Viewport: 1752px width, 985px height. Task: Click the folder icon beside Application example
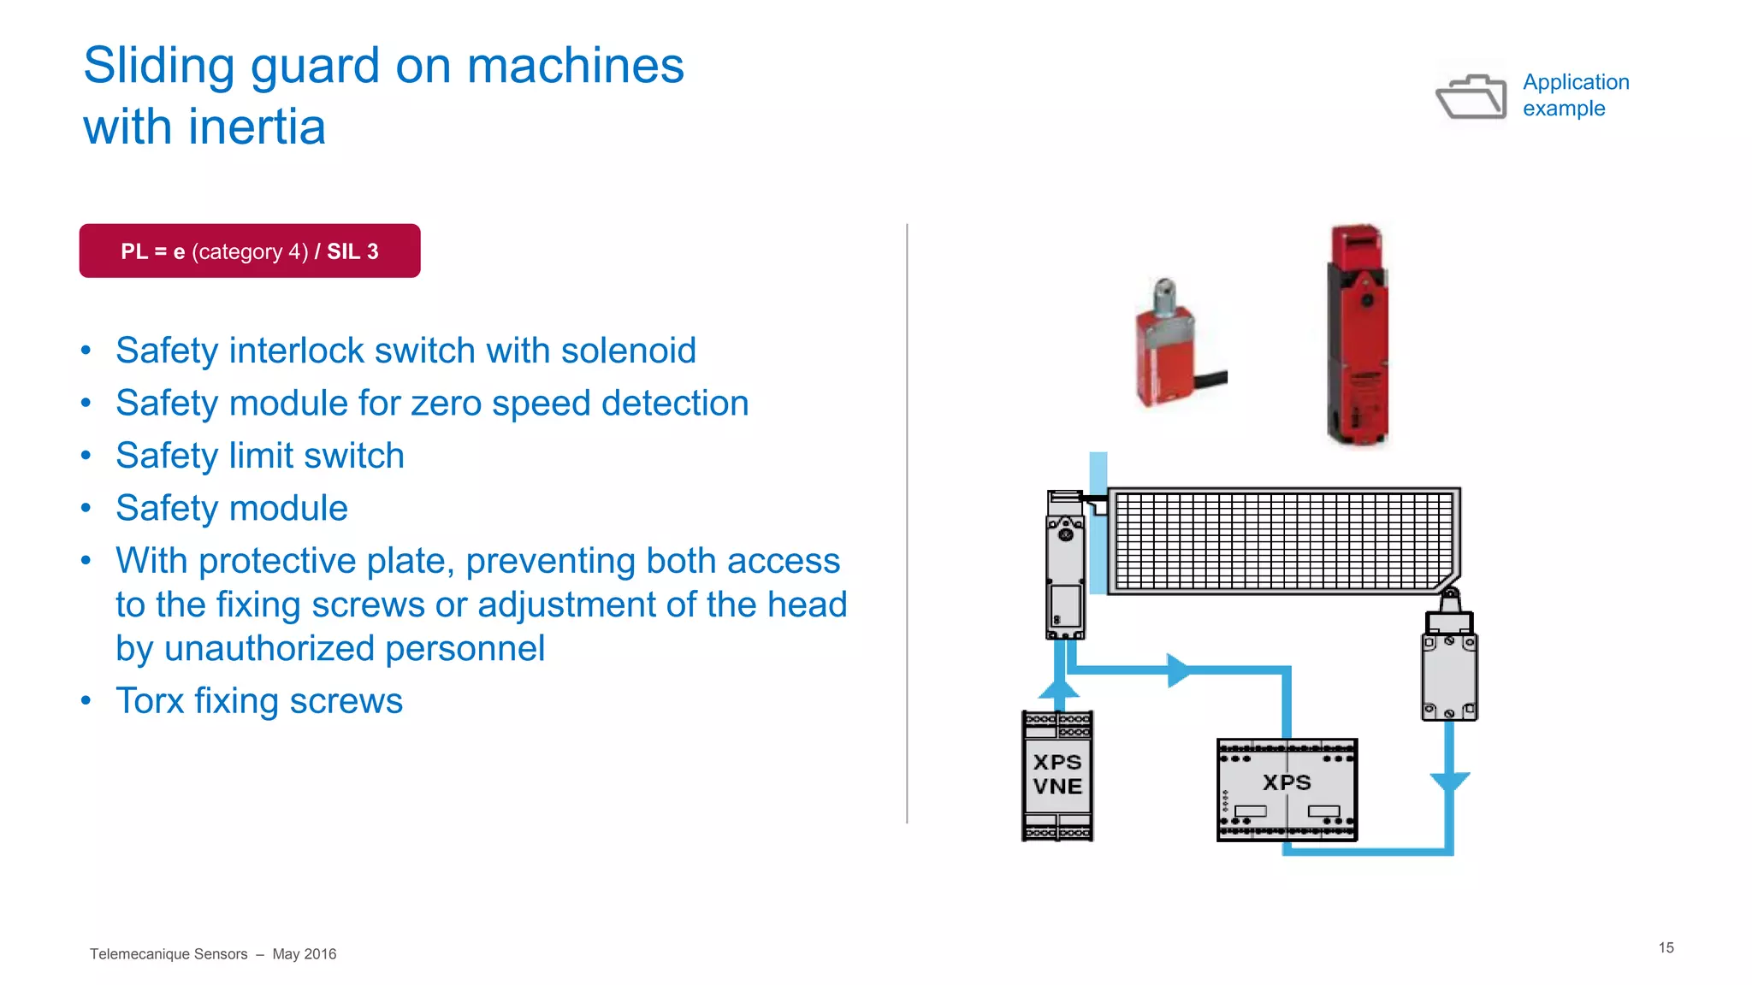(1471, 97)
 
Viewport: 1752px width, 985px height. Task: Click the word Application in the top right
(1576, 82)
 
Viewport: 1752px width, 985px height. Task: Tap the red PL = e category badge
(250, 251)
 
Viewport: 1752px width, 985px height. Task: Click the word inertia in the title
(257, 127)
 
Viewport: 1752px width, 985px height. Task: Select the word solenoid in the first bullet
(628, 351)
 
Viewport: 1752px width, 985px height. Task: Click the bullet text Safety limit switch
(259, 456)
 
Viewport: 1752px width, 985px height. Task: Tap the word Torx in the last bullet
(150, 701)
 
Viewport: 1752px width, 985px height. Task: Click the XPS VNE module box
(1057, 776)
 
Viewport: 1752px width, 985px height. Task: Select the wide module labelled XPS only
(1287, 790)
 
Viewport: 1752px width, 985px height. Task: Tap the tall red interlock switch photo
(1358, 335)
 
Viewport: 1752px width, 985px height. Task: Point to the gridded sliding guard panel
(1283, 541)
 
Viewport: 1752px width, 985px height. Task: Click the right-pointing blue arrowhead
(1178, 670)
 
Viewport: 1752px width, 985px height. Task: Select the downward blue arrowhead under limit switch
(1449, 782)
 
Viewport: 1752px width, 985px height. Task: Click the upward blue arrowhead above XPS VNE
(1059, 688)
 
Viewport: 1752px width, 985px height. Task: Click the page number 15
(1666, 947)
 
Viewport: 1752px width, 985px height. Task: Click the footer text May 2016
(304, 954)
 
